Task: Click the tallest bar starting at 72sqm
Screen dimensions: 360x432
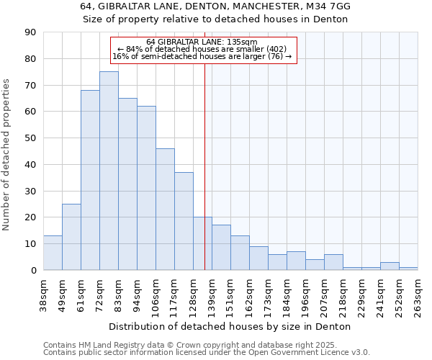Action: [x=109, y=171]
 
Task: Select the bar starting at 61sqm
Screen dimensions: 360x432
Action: [x=90, y=180]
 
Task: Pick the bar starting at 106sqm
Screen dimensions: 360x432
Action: [x=165, y=209]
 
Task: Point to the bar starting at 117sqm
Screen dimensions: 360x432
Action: [x=184, y=221]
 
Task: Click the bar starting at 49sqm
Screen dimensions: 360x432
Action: [x=71, y=237]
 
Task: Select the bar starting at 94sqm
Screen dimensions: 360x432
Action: [x=146, y=188]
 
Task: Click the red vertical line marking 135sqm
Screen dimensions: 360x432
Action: [x=204, y=166]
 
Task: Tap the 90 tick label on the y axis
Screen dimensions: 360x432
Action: [x=30, y=32]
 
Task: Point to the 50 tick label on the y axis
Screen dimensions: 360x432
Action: [x=30, y=138]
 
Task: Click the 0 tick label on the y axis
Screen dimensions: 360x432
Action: [x=33, y=270]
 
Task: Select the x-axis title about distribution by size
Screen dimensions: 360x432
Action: [x=230, y=327]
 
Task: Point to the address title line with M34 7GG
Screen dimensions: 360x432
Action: [x=215, y=6]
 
